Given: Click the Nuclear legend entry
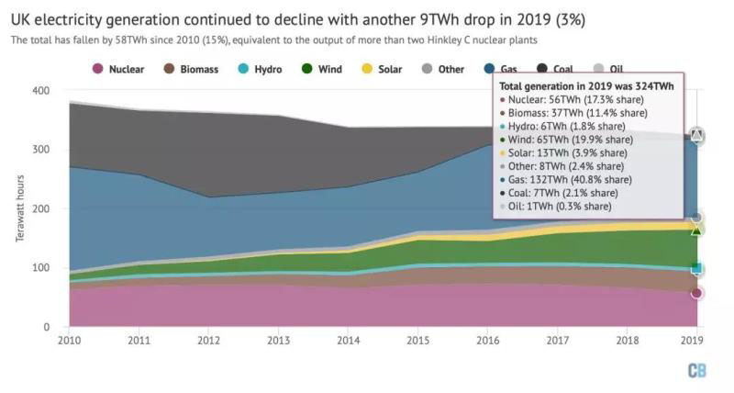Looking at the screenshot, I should [119, 69].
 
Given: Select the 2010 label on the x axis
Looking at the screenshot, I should [69, 341].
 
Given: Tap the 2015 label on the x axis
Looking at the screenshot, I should [417, 341].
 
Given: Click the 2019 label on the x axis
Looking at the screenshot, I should [696, 341].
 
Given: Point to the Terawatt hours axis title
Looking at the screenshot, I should [21, 210].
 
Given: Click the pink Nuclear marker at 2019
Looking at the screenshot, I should [697, 294].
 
